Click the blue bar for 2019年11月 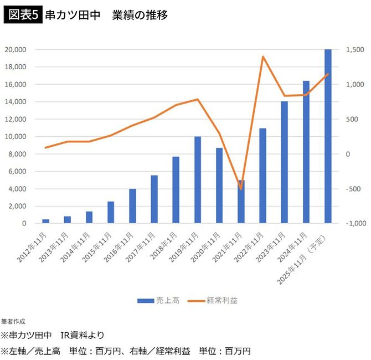(198, 180)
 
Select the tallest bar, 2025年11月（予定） (328, 136)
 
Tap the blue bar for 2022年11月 (262, 176)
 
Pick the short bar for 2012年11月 (46, 221)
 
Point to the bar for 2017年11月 (154, 199)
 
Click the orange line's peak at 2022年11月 (262, 56)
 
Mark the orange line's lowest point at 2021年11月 (241, 189)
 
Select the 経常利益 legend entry (213, 300)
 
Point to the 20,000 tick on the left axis (16, 49)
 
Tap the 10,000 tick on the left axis (16, 136)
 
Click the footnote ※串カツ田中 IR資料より (53, 335)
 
